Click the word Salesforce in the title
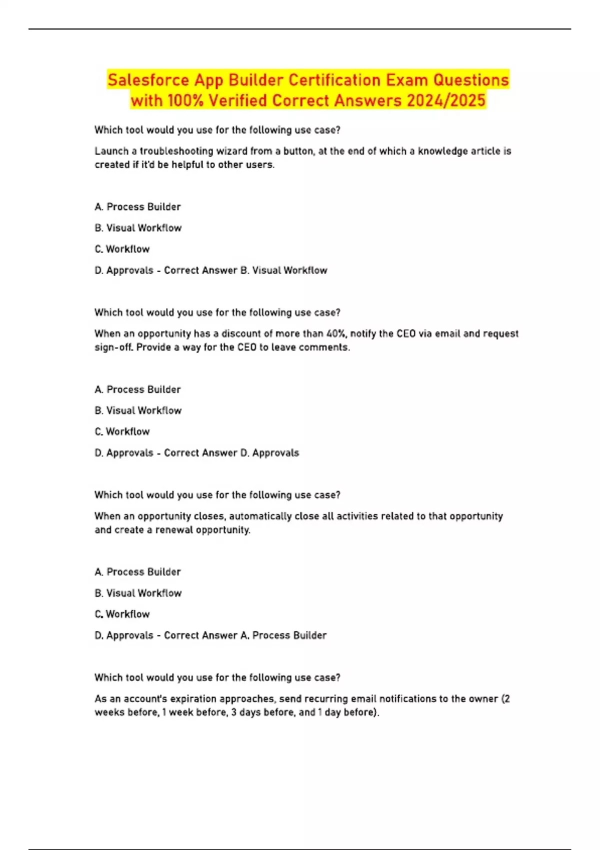tap(148, 80)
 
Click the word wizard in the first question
tap(231, 151)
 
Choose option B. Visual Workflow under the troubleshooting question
tap(138, 228)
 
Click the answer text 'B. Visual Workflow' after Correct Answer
tap(283, 270)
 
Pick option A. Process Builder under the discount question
tap(137, 389)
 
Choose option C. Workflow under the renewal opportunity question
tap(122, 614)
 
